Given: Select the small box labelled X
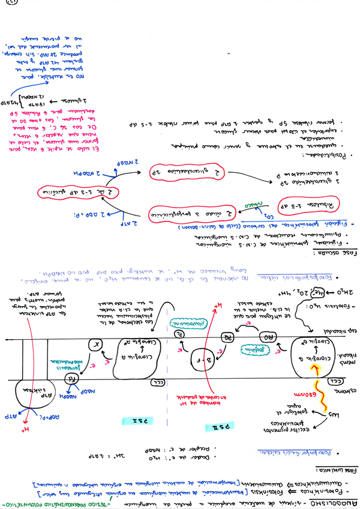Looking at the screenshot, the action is click(x=94, y=345).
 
